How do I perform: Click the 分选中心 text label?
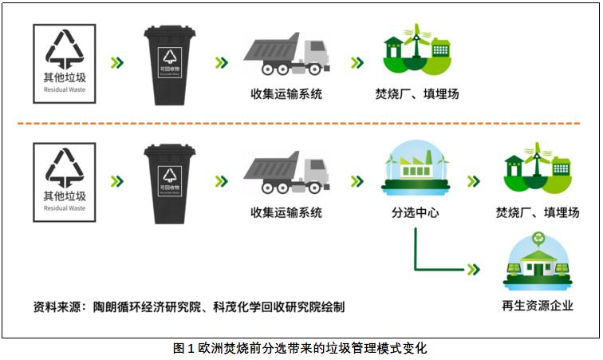tap(416, 213)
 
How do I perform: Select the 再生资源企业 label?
tap(538, 305)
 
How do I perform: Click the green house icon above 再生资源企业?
tap(537, 267)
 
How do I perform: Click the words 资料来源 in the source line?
tap(57, 306)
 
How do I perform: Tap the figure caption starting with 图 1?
tap(301, 348)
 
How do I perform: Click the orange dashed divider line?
tap(301, 124)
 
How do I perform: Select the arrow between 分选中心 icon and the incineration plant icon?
tap(474, 181)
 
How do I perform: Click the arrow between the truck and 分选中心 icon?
tap(356, 181)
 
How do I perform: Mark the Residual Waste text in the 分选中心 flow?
tap(65, 208)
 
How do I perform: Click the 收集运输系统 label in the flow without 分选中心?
tap(286, 93)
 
